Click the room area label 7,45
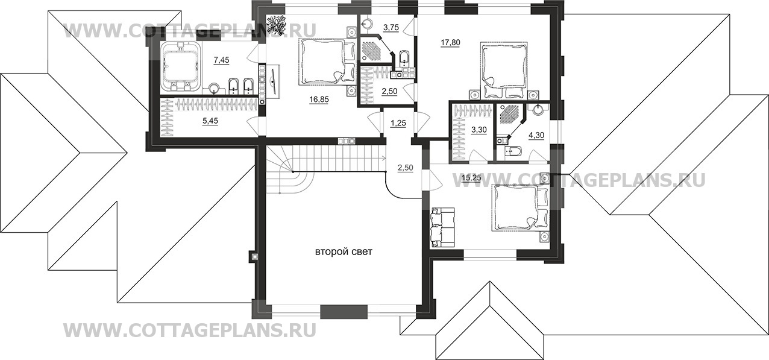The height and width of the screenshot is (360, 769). [221, 60]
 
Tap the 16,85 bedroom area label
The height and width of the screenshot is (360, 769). [319, 99]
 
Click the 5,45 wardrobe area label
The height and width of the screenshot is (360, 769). [210, 121]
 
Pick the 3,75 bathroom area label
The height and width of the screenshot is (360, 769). [391, 28]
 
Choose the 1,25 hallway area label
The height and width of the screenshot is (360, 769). [398, 123]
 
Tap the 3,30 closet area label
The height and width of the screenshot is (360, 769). [479, 130]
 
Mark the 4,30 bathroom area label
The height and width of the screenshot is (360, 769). [536, 135]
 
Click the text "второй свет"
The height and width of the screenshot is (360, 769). [344, 252]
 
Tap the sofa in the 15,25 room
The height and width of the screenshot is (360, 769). [442, 227]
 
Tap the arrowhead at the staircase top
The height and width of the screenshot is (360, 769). [383, 158]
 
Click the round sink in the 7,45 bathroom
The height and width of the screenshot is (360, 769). [215, 89]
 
